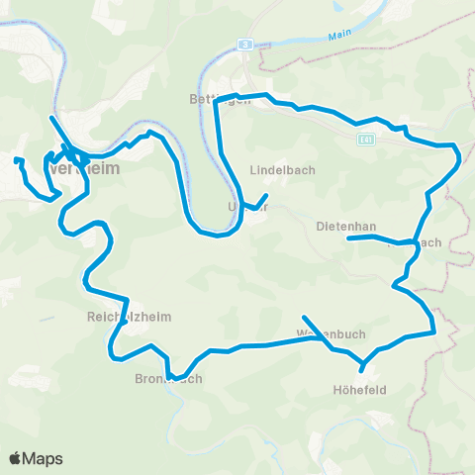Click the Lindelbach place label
pos(282,169)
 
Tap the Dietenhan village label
pos(345,226)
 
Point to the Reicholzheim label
pos(125,319)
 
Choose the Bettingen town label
pos(218,99)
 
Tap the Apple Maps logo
pos(36,458)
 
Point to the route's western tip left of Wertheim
pos(15,159)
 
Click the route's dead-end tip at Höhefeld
pos(362,371)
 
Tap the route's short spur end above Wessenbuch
pos(304,317)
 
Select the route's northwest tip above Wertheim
pos(50,118)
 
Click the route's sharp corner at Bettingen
pos(216,101)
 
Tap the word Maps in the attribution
pos(44,458)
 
